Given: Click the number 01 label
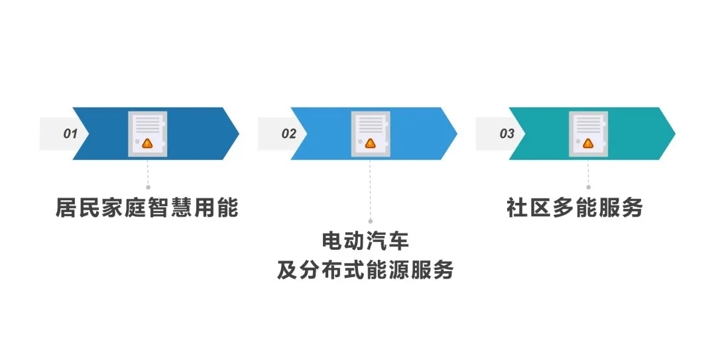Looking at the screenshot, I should (x=71, y=134).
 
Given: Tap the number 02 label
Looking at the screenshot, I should (x=289, y=134).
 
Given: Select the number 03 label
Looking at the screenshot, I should (x=507, y=134).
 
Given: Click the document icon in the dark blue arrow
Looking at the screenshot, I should (x=148, y=133).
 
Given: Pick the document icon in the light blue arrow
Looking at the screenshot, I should (x=370, y=133).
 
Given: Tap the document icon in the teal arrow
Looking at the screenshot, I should (x=588, y=133).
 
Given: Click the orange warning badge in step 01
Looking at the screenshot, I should (x=148, y=143).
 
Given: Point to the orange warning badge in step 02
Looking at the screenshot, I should (x=370, y=143).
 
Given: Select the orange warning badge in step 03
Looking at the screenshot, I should (x=588, y=143).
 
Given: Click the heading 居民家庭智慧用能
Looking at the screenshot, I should (x=147, y=208).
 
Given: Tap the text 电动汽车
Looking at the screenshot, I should (x=370, y=239).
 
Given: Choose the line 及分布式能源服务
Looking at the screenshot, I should (x=365, y=270).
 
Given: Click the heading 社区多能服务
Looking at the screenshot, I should (x=575, y=208).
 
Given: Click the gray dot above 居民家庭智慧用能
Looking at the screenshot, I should (x=148, y=188).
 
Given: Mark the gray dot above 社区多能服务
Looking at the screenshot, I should (x=588, y=188).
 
